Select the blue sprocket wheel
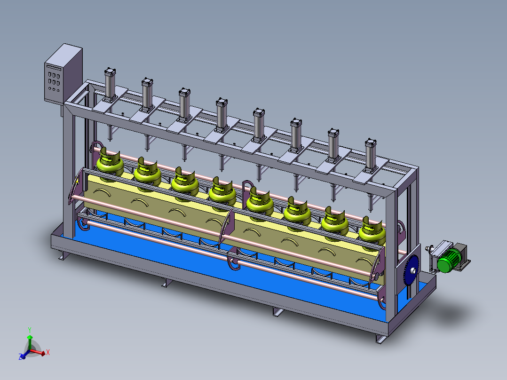411,270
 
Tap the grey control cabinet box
63,74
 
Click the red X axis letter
48,353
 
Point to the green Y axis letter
30,330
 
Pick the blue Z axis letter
20,356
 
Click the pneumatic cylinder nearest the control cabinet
110,85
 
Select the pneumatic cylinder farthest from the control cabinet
371,156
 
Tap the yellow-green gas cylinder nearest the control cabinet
110,163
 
